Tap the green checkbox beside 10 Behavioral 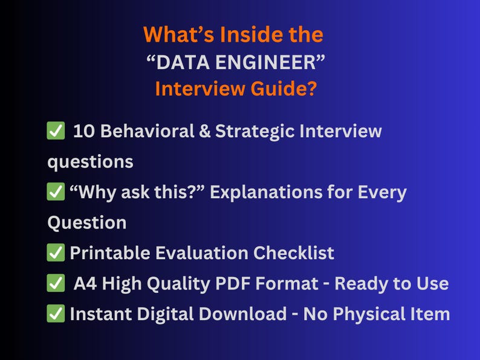point(56,131)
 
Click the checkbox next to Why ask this point(56,193)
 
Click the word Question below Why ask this point(87,222)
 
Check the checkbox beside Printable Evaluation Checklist point(56,253)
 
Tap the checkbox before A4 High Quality point(56,283)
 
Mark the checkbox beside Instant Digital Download point(56,314)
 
